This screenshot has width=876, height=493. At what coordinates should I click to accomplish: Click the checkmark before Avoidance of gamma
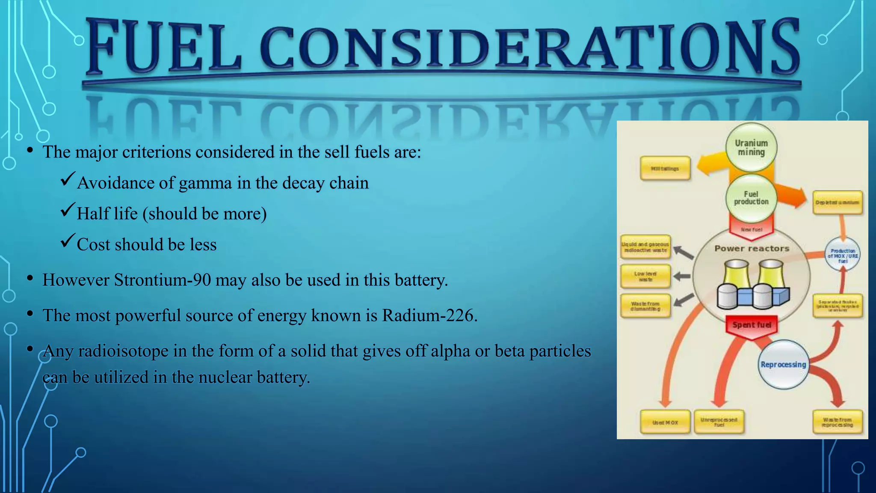68,178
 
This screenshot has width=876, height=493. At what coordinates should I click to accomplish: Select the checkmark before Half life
68,209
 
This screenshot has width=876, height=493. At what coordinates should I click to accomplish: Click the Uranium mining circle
751,148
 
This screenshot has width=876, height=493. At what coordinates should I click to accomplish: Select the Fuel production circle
751,198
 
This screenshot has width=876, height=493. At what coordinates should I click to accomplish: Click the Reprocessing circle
783,365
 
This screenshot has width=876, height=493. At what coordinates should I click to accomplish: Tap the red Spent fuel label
752,325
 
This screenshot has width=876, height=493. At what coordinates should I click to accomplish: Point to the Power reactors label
752,249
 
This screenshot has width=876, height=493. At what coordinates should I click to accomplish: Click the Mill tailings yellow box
665,169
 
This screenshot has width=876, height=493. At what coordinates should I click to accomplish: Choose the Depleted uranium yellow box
837,202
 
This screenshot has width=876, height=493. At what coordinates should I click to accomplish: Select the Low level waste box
645,276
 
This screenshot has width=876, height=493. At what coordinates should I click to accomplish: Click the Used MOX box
665,422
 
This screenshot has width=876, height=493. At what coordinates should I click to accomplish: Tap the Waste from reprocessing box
837,422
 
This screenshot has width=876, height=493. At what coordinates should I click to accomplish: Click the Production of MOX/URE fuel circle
842,255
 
